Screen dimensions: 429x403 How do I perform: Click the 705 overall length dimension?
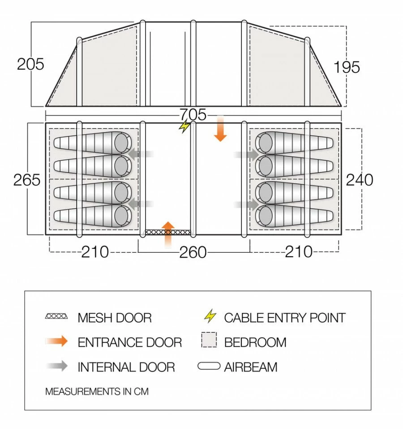click(x=194, y=115)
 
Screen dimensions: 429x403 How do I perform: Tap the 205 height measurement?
click(x=30, y=64)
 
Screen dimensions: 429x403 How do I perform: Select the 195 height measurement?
click(x=347, y=67)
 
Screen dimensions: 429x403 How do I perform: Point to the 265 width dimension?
click(x=27, y=180)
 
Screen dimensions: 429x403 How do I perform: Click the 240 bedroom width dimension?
click(x=360, y=180)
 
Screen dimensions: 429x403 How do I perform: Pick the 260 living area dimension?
click(x=193, y=253)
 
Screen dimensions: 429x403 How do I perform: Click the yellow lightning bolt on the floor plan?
click(x=184, y=127)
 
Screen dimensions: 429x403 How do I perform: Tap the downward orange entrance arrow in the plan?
click(x=219, y=129)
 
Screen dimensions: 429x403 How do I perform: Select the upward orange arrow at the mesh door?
click(x=168, y=234)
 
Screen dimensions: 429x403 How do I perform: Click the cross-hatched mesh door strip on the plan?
click(x=168, y=233)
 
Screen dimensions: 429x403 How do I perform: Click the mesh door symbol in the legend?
click(x=56, y=317)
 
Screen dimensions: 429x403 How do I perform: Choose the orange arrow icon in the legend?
click(x=56, y=342)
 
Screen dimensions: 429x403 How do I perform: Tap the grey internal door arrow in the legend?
click(x=56, y=366)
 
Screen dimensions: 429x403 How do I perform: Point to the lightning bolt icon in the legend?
click(x=210, y=317)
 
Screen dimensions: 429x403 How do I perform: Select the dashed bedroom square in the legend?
click(x=209, y=341)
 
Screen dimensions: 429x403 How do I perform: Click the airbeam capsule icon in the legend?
click(x=209, y=367)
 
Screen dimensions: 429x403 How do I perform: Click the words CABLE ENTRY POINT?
click(x=285, y=318)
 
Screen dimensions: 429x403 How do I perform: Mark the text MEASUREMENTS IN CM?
click(x=97, y=391)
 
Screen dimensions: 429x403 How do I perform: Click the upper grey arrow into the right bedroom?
click(x=246, y=155)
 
